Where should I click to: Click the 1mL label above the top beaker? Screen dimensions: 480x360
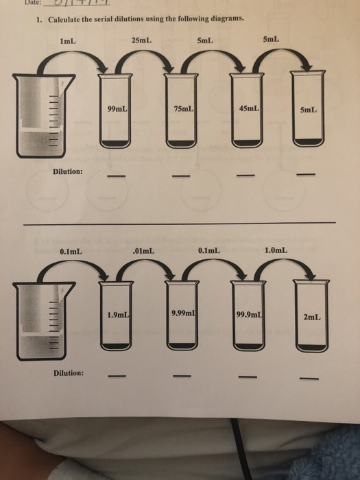(x=67, y=41)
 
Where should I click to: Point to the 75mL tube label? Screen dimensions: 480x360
(x=184, y=109)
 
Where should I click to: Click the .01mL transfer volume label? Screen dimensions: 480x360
(x=143, y=251)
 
